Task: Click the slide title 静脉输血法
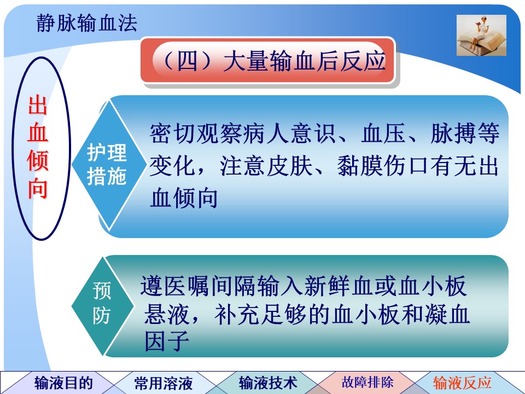coord(87,24)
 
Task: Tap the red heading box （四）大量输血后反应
coord(268,61)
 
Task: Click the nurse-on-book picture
coord(481,35)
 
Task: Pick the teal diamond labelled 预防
coord(103,305)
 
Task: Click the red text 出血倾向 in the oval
coord(38,147)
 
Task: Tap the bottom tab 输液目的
coord(63,383)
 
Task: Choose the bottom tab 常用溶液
coord(164,383)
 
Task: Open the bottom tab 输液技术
coord(268,383)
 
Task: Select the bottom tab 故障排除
coord(367,382)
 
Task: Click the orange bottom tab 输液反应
coord(462,383)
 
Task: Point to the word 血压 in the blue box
coord(384,134)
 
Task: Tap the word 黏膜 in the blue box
coord(360,166)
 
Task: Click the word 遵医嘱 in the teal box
coord(174,286)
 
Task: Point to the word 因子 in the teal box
coord(167,341)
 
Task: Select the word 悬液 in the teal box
coord(167,314)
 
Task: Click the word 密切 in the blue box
coord(172,134)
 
